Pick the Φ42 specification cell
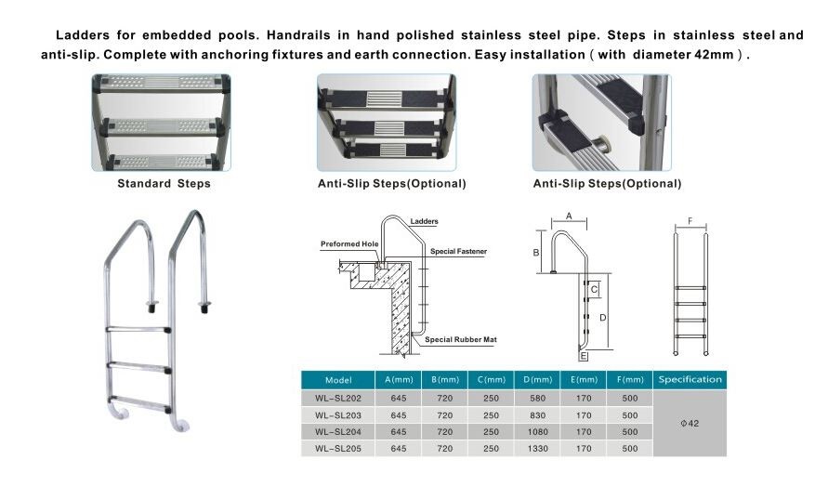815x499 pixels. [690, 423]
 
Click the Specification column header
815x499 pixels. [690, 379]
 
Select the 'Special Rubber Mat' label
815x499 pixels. [461, 340]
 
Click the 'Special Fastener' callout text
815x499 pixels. [458, 252]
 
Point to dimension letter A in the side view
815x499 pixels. [568, 216]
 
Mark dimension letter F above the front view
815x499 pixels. [690, 221]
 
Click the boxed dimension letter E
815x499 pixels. [584, 356]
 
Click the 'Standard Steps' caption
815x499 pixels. [164, 184]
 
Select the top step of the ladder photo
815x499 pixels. [138, 329]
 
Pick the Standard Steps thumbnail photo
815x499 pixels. [161, 123]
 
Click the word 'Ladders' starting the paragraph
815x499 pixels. [81, 35]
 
